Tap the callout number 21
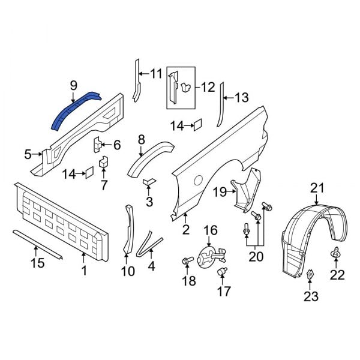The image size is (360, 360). [x=317, y=189]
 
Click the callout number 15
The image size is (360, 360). [x=38, y=262]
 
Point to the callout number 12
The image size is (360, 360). [x=207, y=88]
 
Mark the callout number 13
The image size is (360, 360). [x=241, y=97]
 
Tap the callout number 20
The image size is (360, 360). [x=257, y=257]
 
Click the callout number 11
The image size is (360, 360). [x=156, y=74]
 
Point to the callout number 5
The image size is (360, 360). [x=28, y=155]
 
